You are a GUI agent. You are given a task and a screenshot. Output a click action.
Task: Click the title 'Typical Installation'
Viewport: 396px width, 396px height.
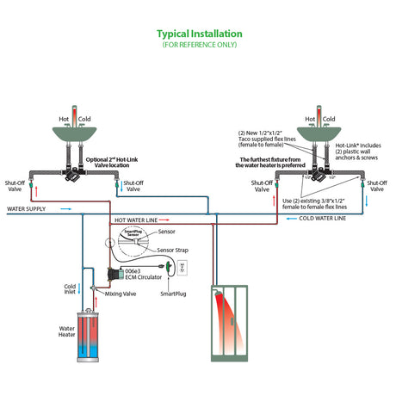point(198,34)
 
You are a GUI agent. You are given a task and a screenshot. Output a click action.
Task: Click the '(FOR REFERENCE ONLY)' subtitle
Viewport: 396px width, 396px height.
point(198,44)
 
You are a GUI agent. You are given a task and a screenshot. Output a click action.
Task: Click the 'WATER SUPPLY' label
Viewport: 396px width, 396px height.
point(27,208)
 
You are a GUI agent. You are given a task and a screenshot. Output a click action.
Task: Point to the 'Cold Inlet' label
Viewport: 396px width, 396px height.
point(70,291)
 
